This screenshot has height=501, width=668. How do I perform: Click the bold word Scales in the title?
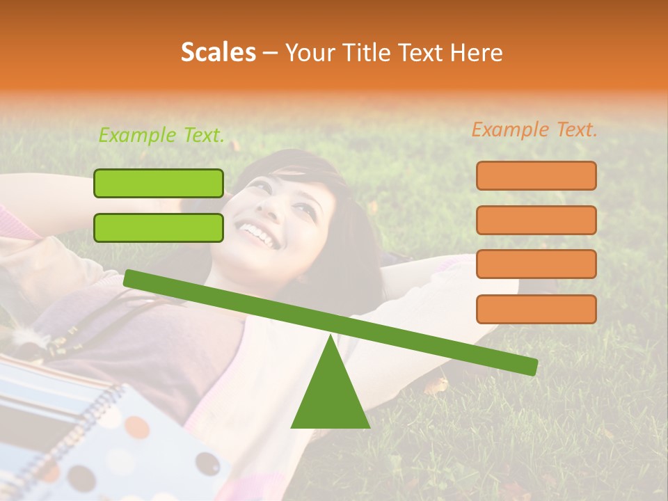coord(218,52)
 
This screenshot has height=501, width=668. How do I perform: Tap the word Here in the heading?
coord(477,52)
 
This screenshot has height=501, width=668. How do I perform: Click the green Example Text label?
coord(161,136)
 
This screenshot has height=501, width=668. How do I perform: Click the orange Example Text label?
coord(534,129)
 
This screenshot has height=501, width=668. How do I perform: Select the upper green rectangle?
coord(159,183)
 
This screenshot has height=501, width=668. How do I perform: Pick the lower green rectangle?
coord(159,228)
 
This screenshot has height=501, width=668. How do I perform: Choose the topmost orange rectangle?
coord(536,175)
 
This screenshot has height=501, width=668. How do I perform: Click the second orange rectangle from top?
coord(536,220)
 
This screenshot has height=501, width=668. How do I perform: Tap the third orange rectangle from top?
coord(536,264)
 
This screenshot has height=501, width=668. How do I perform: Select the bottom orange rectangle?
coord(536,309)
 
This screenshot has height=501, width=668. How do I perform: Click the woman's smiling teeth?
coord(257,234)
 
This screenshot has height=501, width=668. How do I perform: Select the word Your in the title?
coord(308,52)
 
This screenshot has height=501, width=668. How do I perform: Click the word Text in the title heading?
coord(420,52)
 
